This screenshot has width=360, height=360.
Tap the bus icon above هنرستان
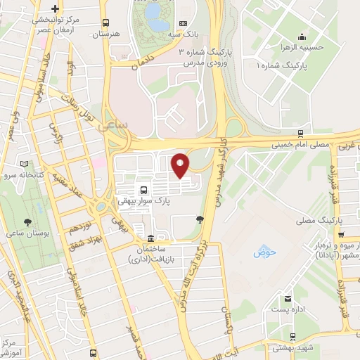105,23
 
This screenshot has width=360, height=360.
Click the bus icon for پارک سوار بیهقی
143,189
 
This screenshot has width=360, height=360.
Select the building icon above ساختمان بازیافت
150,237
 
